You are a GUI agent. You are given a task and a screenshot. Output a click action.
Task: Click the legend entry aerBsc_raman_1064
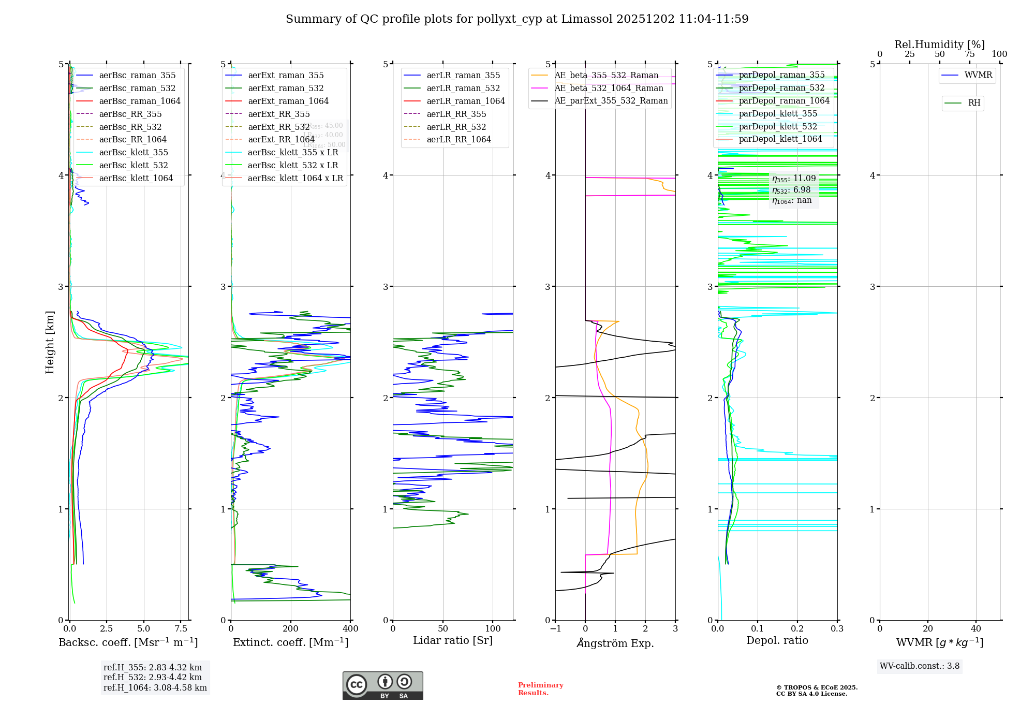point(140,101)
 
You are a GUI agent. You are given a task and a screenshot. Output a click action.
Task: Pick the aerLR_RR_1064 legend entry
point(459,139)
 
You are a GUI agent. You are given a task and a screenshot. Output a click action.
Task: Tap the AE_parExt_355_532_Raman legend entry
point(611,100)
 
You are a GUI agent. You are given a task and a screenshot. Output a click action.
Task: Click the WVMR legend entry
point(978,75)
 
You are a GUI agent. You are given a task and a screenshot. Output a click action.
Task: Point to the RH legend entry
point(974,103)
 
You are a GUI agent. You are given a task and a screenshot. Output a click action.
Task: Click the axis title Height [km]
point(50,342)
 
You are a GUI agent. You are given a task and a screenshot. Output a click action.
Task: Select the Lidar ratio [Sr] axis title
point(453,640)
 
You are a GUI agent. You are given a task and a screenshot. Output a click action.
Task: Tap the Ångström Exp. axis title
point(615,643)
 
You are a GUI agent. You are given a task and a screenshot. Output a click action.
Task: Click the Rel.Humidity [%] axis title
point(939,45)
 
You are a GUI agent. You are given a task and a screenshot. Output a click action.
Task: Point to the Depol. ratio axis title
point(777,640)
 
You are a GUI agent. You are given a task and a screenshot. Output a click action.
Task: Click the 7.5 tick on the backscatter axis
point(181,629)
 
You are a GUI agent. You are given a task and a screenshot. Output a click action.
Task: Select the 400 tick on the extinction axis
point(350,629)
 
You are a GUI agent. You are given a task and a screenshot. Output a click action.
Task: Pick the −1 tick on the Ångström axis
point(555,629)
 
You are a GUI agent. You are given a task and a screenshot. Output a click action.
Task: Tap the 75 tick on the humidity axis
point(969,54)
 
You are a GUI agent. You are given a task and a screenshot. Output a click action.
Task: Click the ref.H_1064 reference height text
point(155,687)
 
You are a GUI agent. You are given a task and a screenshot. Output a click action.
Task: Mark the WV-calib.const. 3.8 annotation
point(919,666)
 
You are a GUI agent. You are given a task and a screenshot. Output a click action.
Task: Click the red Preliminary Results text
point(540,689)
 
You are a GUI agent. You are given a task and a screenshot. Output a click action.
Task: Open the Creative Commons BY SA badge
point(382,686)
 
